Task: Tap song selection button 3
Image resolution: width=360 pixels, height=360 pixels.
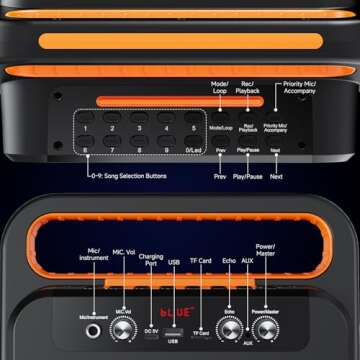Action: point(139,127)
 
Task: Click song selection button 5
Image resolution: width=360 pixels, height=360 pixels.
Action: point(191,127)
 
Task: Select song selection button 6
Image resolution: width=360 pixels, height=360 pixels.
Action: point(87,150)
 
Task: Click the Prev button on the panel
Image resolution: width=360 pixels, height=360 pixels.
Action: point(221,150)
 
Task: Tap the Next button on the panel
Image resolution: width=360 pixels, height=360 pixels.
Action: point(275,150)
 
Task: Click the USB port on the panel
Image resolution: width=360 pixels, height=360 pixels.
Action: point(174,329)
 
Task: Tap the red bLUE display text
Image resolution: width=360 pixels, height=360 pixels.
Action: point(176,312)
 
